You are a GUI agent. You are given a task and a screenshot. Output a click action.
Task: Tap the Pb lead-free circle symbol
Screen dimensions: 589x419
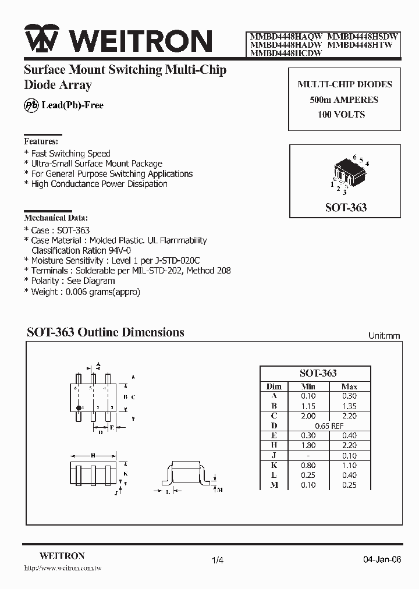click(30, 105)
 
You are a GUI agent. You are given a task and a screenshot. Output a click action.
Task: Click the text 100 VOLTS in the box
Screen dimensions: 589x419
click(342, 115)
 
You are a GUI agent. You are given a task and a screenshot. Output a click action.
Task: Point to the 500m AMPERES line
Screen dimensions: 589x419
click(343, 100)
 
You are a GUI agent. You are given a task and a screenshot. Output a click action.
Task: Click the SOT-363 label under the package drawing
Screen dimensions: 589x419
click(346, 208)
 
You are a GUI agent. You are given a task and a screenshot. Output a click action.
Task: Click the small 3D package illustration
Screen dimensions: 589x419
click(348, 173)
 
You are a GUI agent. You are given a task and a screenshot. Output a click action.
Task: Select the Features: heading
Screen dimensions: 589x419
click(41, 141)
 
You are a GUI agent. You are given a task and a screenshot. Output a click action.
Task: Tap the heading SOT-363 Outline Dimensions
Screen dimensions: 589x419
click(105, 332)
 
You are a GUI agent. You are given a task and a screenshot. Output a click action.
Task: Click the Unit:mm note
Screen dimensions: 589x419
click(384, 336)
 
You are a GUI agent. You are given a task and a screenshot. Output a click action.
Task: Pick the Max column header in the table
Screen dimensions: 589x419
click(349, 386)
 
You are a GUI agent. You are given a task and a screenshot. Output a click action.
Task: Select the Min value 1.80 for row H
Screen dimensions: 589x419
click(308, 446)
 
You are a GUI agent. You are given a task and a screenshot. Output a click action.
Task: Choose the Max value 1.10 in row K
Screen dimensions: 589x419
click(349, 466)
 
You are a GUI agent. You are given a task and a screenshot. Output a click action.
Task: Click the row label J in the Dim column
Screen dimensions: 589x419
click(274, 456)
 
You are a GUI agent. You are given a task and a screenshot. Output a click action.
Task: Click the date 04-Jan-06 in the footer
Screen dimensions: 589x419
click(382, 560)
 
